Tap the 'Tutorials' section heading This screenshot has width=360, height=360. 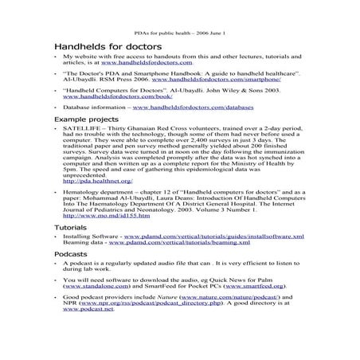pos(70,228)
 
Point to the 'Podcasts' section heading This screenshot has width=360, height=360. pos(71,253)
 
